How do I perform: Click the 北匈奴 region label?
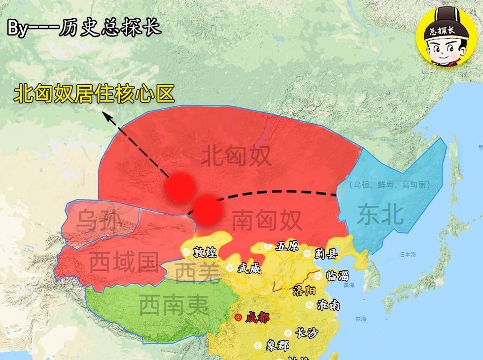237,157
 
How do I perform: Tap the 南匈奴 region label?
267,220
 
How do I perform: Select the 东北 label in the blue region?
380,214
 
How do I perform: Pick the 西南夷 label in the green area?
174,305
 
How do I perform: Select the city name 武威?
248,268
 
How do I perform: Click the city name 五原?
287,246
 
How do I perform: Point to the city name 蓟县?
326,254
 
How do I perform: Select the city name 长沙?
306,333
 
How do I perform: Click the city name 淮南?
329,305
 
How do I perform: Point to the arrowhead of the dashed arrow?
106,115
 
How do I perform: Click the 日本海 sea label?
408,255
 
